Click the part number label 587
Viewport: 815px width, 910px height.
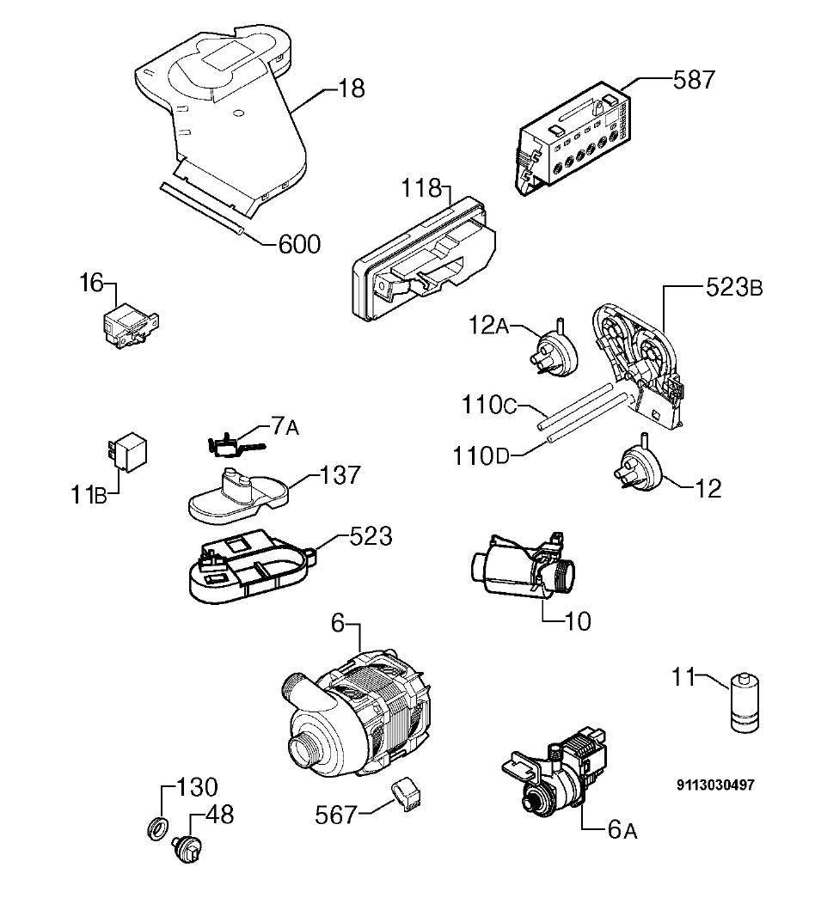pyautogui.click(x=694, y=80)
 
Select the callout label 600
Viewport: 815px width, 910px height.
pyautogui.click(x=299, y=244)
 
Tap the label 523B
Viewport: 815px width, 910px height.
pyautogui.click(x=734, y=287)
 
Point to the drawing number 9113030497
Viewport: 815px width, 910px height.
pyautogui.click(x=716, y=785)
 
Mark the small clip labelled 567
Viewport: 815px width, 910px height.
pyautogui.click(x=407, y=795)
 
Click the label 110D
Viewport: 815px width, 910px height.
pyautogui.click(x=481, y=456)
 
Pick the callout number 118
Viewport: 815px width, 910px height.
pyautogui.click(x=421, y=188)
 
